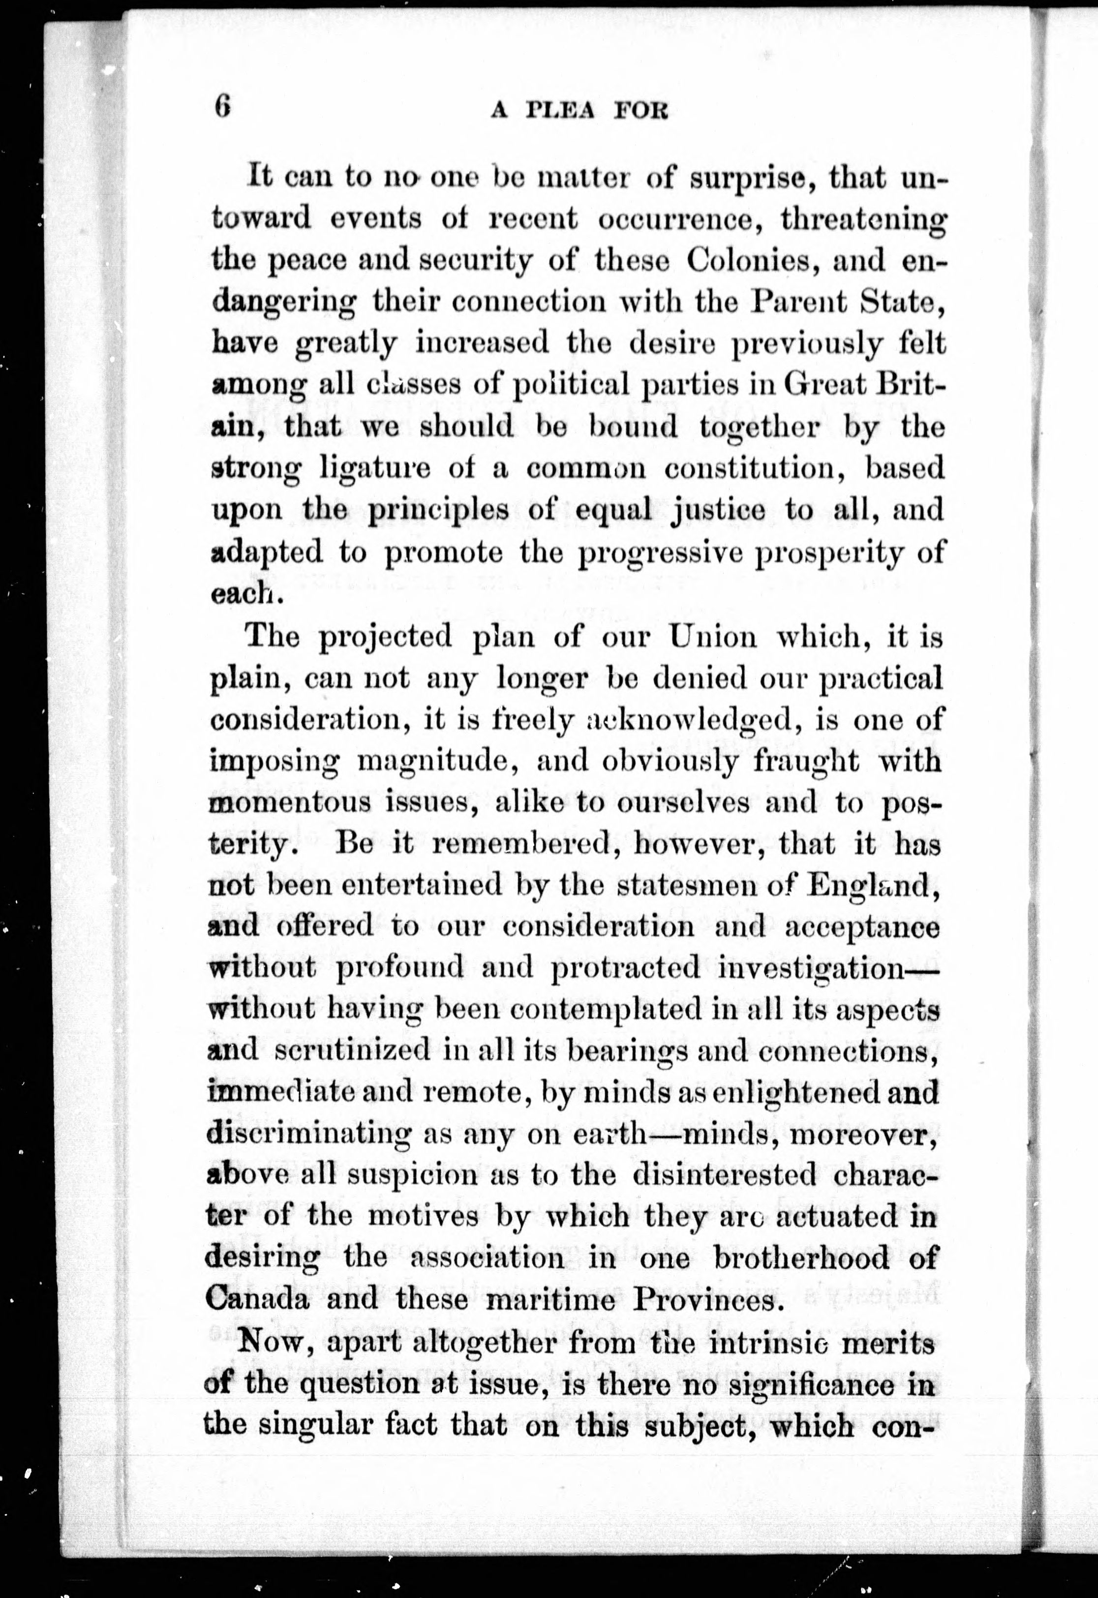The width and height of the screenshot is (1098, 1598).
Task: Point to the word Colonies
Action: pyautogui.click(x=751, y=261)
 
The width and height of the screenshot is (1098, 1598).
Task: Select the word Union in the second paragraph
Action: pyautogui.click(x=713, y=637)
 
